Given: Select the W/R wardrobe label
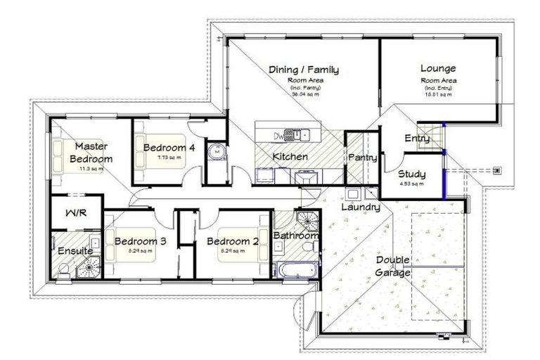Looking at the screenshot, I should (76, 213).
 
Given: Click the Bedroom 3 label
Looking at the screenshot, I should (140, 241).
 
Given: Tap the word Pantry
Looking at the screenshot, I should (363, 158).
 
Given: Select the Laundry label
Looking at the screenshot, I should (361, 207).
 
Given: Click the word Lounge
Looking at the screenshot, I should (438, 68).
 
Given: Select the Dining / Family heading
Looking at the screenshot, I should (304, 70).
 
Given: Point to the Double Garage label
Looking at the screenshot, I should (394, 266).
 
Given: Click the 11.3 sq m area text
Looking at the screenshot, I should (91, 169).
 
